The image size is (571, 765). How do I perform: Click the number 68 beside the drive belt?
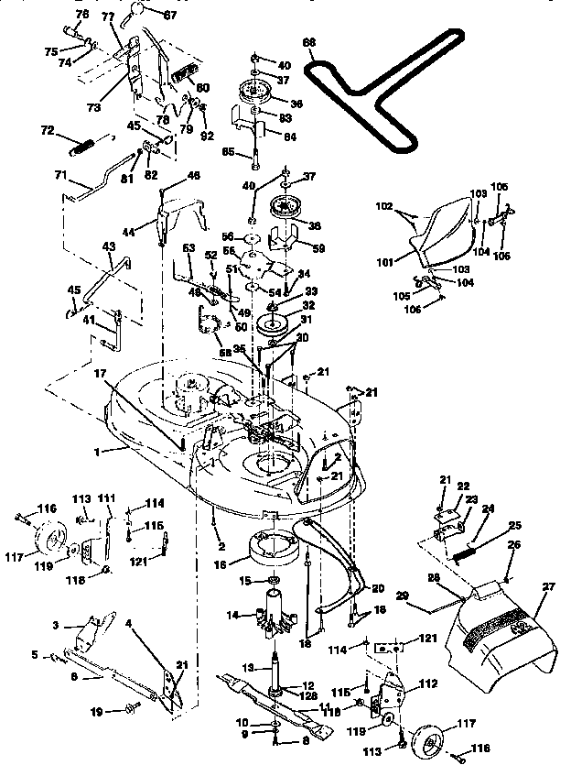pyautogui.click(x=308, y=42)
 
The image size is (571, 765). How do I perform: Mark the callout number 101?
pyautogui.click(x=385, y=261)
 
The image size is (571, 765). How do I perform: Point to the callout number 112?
pyautogui.click(x=426, y=683)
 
